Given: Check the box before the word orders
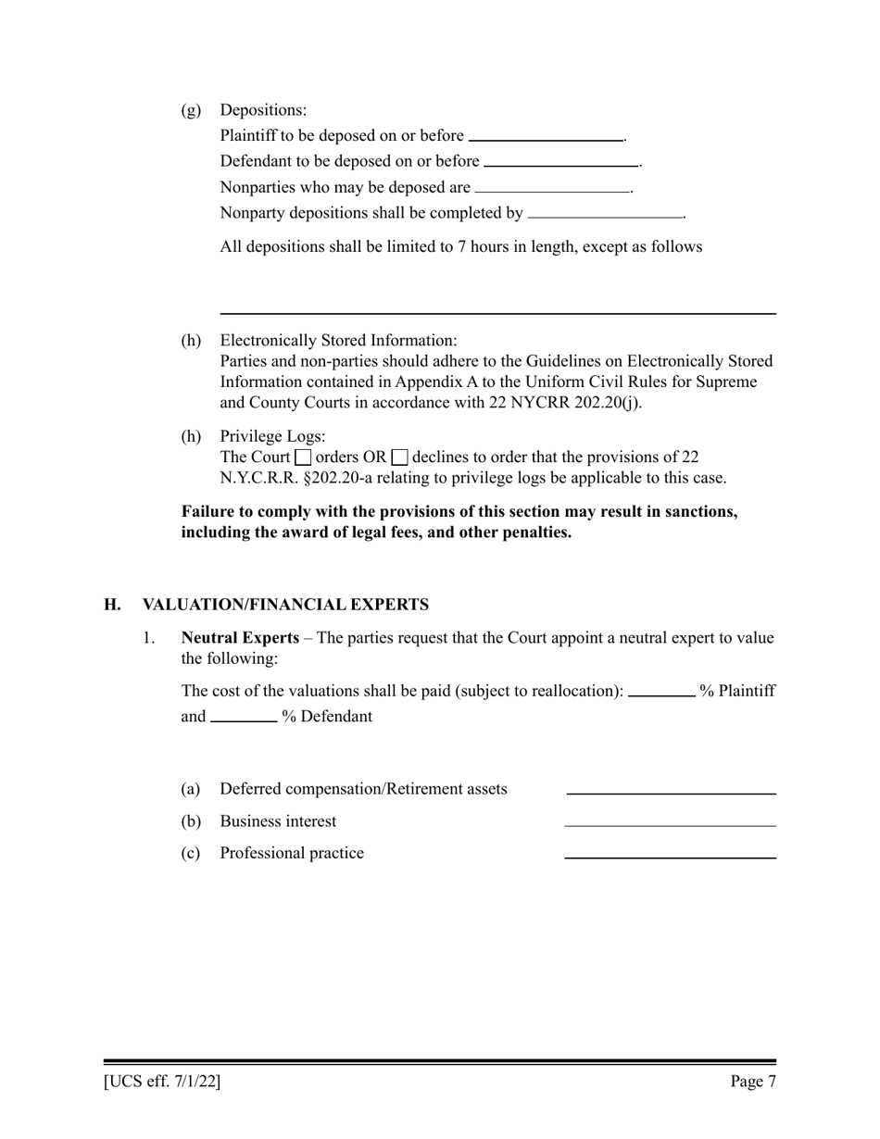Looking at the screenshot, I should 303,457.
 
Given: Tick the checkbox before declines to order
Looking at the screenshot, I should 400,457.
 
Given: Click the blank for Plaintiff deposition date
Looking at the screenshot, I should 546,136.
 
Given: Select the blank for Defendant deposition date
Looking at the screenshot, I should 561,161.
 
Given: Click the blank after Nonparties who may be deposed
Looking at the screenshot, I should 551,187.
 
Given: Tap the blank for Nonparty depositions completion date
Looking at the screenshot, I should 605,213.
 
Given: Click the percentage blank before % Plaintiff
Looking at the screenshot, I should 661,691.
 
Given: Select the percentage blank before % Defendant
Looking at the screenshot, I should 244,717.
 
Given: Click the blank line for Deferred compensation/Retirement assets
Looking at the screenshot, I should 671,790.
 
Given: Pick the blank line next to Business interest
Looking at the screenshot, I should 671,821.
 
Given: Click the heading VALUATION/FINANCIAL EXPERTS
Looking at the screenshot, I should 285,605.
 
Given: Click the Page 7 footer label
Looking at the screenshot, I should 752,1082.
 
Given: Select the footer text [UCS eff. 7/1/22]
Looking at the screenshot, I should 162,1082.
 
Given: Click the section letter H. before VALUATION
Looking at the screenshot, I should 112,605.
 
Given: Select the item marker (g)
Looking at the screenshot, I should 191,110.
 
